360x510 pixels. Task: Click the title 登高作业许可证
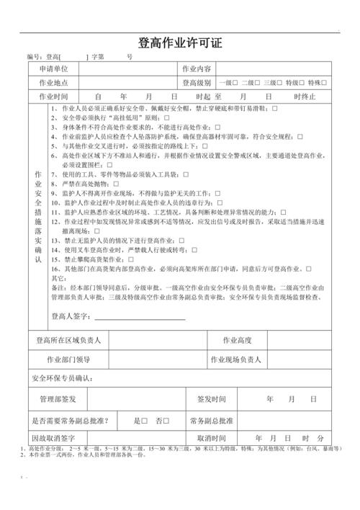(180, 42)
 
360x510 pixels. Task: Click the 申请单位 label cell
(53, 68)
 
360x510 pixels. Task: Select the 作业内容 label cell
(197, 68)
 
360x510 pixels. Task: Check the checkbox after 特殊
(324, 83)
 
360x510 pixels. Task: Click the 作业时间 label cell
(53, 97)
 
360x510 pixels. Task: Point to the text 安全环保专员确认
(61, 378)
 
